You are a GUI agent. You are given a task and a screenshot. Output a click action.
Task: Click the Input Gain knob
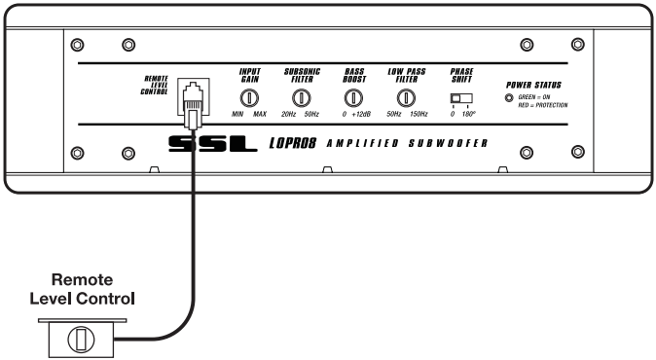point(249,98)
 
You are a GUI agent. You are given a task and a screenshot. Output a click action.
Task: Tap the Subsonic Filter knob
point(301,98)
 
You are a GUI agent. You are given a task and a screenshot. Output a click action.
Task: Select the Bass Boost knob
point(353,98)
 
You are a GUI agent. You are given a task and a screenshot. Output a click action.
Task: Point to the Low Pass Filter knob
point(406,98)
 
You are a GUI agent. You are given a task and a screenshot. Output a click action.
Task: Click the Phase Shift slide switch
point(461,98)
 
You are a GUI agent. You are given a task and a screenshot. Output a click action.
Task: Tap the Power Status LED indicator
point(509,98)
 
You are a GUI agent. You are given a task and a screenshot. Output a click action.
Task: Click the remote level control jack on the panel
point(194,96)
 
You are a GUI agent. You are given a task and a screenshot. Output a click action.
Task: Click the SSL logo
point(212,144)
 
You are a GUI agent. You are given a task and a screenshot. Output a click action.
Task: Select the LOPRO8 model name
point(292,143)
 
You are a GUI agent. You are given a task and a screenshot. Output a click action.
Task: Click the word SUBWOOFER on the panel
point(448,143)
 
